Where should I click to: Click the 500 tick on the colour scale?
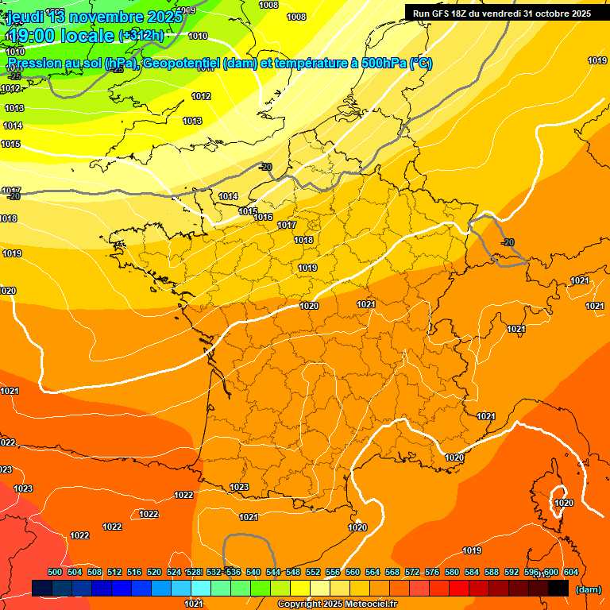(x=55, y=572)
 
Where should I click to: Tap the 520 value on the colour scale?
(x=154, y=572)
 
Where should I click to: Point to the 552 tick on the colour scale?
(x=313, y=572)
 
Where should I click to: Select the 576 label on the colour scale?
(x=432, y=572)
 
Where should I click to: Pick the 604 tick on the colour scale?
(x=570, y=572)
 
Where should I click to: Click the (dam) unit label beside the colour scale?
(x=587, y=589)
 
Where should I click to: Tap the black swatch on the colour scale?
(x=558, y=589)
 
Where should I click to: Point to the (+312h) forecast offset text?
(x=141, y=36)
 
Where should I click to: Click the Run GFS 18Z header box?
(x=501, y=14)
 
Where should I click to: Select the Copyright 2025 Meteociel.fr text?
(x=337, y=604)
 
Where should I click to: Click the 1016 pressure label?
(x=264, y=217)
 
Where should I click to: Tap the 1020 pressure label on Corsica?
(x=564, y=503)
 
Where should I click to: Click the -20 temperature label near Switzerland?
(x=508, y=242)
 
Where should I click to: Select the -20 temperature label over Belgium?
(x=265, y=167)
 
